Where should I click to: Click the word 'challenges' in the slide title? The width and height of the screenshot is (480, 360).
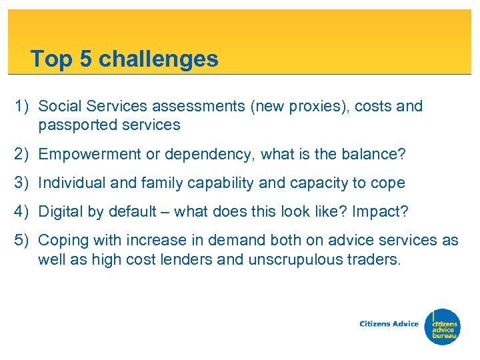(x=159, y=59)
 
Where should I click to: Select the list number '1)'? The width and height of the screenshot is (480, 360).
(x=24, y=107)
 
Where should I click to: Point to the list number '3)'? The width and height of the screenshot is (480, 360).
(x=24, y=183)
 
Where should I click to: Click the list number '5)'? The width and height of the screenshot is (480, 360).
(x=24, y=241)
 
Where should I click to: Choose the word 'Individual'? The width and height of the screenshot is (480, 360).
(x=70, y=183)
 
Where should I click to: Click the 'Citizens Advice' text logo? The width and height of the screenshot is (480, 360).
(x=389, y=324)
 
